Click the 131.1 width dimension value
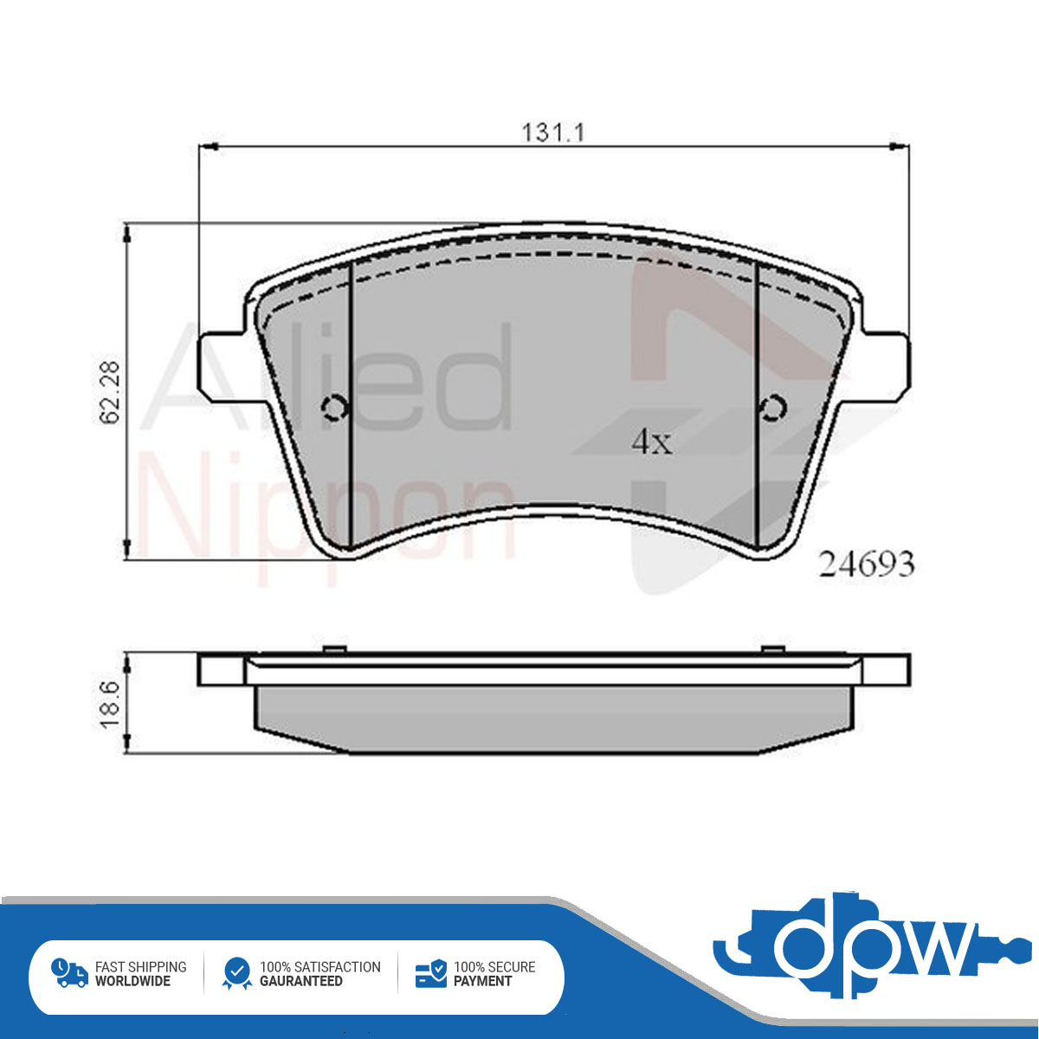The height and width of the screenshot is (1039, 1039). [553, 133]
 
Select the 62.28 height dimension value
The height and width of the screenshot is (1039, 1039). [111, 392]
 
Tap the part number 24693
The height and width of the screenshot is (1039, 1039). [867, 565]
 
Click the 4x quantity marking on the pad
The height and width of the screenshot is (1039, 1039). [653, 442]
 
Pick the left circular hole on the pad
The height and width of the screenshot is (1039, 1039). [334, 408]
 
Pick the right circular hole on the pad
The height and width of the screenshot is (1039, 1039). [772, 407]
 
